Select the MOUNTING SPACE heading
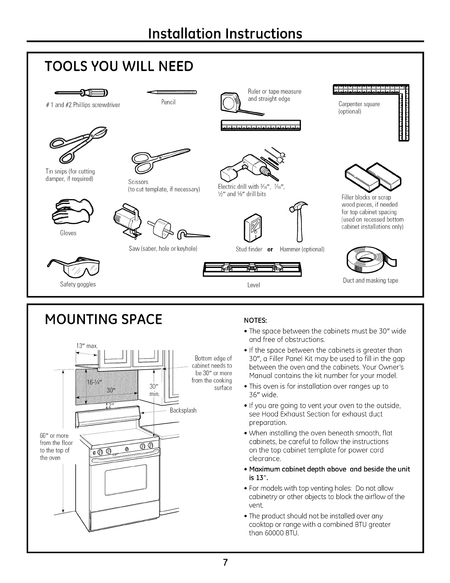click(x=103, y=319)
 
